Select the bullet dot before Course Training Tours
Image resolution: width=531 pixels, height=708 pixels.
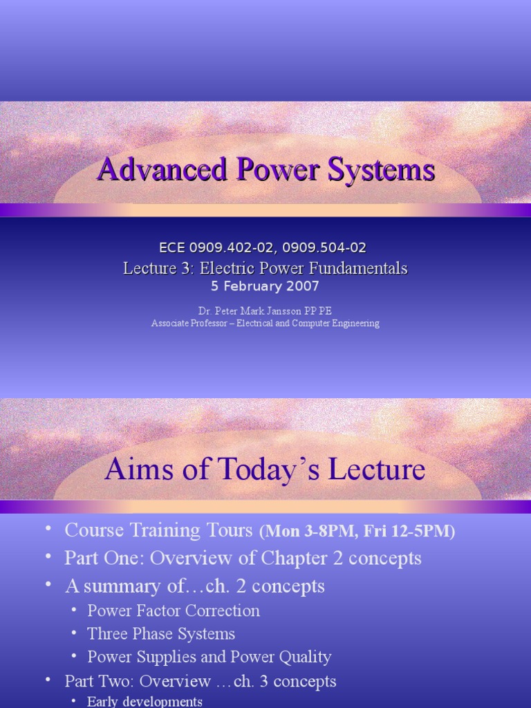coord(48,530)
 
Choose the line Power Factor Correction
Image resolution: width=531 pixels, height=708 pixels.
coord(174,611)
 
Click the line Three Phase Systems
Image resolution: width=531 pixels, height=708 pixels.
coord(161,633)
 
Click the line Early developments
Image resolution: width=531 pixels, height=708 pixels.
coord(145,702)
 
